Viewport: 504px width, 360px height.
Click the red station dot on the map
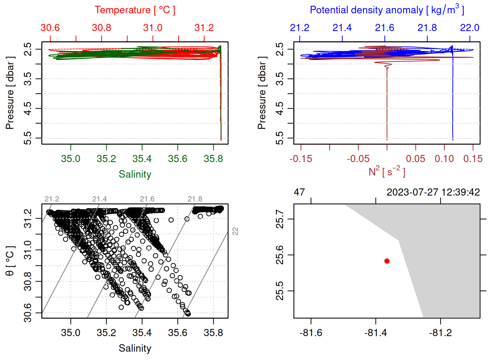(x=387, y=261)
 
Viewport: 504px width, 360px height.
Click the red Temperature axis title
(x=135, y=10)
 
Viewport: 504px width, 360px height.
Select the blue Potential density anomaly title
(x=387, y=10)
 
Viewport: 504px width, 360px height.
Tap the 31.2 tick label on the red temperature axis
(x=204, y=28)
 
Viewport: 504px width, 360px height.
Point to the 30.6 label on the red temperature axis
(x=50, y=28)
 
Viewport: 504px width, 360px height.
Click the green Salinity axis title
(x=135, y=174)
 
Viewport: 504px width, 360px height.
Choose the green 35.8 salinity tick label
(x=213, y=159)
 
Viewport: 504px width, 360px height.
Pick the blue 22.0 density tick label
(x=469, y=28)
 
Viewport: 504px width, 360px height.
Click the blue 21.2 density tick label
(x=300, y=28)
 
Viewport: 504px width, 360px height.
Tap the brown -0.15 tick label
(x=301, y=159)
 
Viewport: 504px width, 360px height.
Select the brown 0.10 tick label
(x=444, y=159)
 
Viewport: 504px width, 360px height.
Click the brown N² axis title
(x=387, y=172)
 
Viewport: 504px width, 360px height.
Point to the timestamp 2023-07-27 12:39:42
(x=433, y=192)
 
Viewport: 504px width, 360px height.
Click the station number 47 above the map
(x=299, y=192)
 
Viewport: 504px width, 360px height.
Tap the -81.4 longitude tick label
(x=375, y=333)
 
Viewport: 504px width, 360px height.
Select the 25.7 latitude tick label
(x=280, y=219)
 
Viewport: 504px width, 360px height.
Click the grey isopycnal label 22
(x=235, y=231)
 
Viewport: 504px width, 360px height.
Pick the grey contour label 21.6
(x=147, y=199)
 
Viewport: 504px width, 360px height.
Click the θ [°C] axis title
(x=10, y=261)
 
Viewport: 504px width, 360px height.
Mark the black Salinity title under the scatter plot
(x=135, y=348)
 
